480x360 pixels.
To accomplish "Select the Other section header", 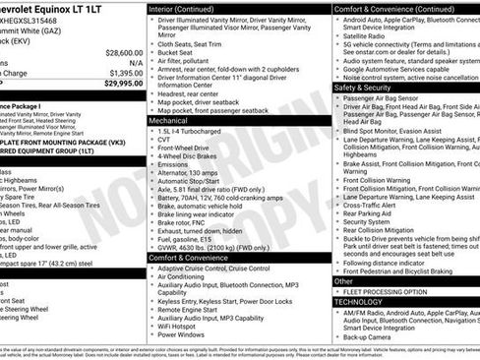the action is (344, 281).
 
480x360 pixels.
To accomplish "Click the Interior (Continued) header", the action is (190, 8).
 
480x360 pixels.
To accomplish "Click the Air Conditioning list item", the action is (188, 277).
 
